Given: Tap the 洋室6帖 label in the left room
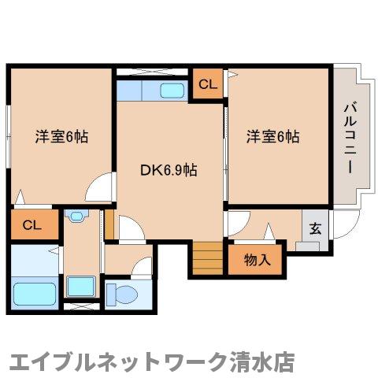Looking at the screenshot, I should [x=61, y=135].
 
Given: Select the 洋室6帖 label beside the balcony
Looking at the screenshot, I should [x=272, y=135].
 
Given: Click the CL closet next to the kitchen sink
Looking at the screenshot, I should [x=207, y=83].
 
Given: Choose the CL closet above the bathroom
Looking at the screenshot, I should [x=32, y=225].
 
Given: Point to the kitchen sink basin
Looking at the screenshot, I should [x=172, y=90].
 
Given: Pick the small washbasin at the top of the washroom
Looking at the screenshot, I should [x=76, y=215].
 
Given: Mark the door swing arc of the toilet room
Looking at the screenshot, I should [x=143, y=268].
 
